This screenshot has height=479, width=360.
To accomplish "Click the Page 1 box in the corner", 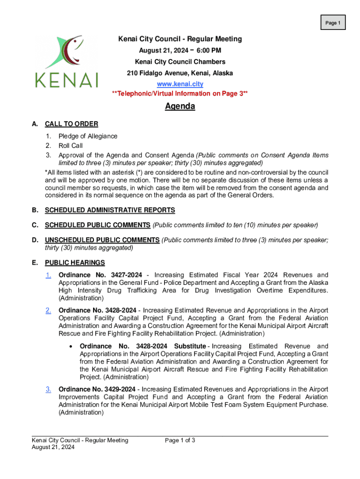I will coord(332,22).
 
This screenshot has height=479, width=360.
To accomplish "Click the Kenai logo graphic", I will coord(66,61).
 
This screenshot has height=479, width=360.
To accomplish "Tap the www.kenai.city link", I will coord(180,84).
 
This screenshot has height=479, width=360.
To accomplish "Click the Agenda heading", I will coord(180,107).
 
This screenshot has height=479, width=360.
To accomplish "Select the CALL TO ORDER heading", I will coord(72,124).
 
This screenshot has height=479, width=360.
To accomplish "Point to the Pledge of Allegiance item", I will coord(88,136).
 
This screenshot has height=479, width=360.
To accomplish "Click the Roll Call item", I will coord(71,145).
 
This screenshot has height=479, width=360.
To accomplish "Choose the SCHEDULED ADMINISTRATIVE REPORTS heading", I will coord(110,210).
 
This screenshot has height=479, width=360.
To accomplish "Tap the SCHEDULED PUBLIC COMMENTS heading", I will coord(98,225).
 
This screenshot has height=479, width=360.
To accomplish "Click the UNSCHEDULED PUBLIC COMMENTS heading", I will coord(102,240).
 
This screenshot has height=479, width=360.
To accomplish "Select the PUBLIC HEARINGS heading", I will coord(75,262).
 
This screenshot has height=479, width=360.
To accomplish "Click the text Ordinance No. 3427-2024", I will coord(97,275).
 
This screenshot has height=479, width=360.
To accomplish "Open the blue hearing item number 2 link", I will coord(48,311).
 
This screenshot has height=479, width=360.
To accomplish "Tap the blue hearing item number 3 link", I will coord(48,389).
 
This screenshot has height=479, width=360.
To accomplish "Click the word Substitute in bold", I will coord(189,346).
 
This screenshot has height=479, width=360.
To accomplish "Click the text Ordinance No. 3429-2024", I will coord(97,389).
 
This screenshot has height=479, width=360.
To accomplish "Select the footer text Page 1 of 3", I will coord(180,440).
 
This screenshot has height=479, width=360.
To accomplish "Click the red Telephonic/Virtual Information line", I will coord(180,94).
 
